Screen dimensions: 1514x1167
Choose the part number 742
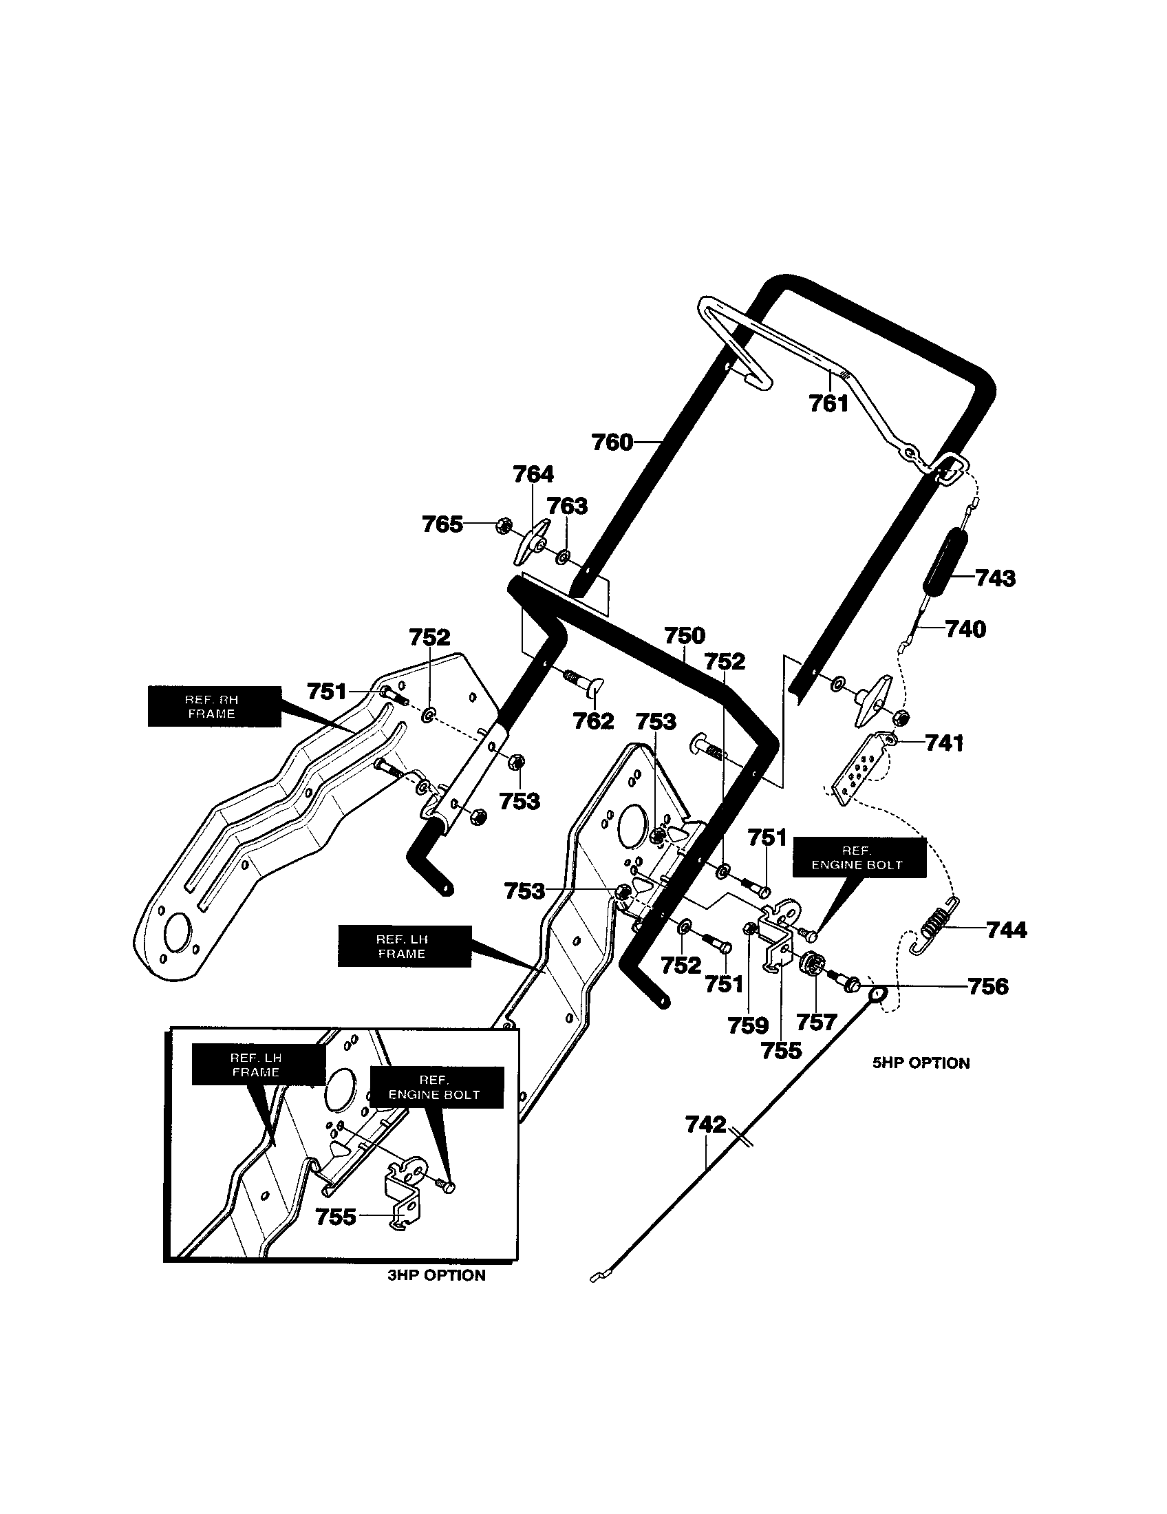coord(705,1124)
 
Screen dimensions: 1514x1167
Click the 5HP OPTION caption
coord(921,1063)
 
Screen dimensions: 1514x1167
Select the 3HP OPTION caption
coord(436,1275)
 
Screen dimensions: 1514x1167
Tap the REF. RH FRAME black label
coord(214,706)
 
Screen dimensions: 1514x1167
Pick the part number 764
coord(533,474)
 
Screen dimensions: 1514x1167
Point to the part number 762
coord(593,721)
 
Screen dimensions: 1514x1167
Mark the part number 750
coord(684,635)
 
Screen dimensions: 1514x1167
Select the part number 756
coord(987,985)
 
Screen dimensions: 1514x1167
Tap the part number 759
coord(748,1025)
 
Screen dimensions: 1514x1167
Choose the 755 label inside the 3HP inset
coord(335,1216)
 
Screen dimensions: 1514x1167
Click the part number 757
coord(816,1021)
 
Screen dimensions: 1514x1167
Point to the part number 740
coord(965,629)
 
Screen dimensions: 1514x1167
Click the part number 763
coord(567,506)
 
